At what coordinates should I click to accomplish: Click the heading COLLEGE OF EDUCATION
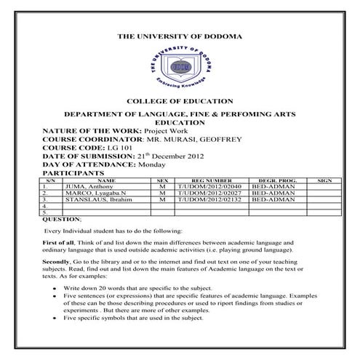coord(180,102)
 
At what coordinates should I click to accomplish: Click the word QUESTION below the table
coord(62,218)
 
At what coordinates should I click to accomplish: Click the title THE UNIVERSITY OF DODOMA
coord(180,36)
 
